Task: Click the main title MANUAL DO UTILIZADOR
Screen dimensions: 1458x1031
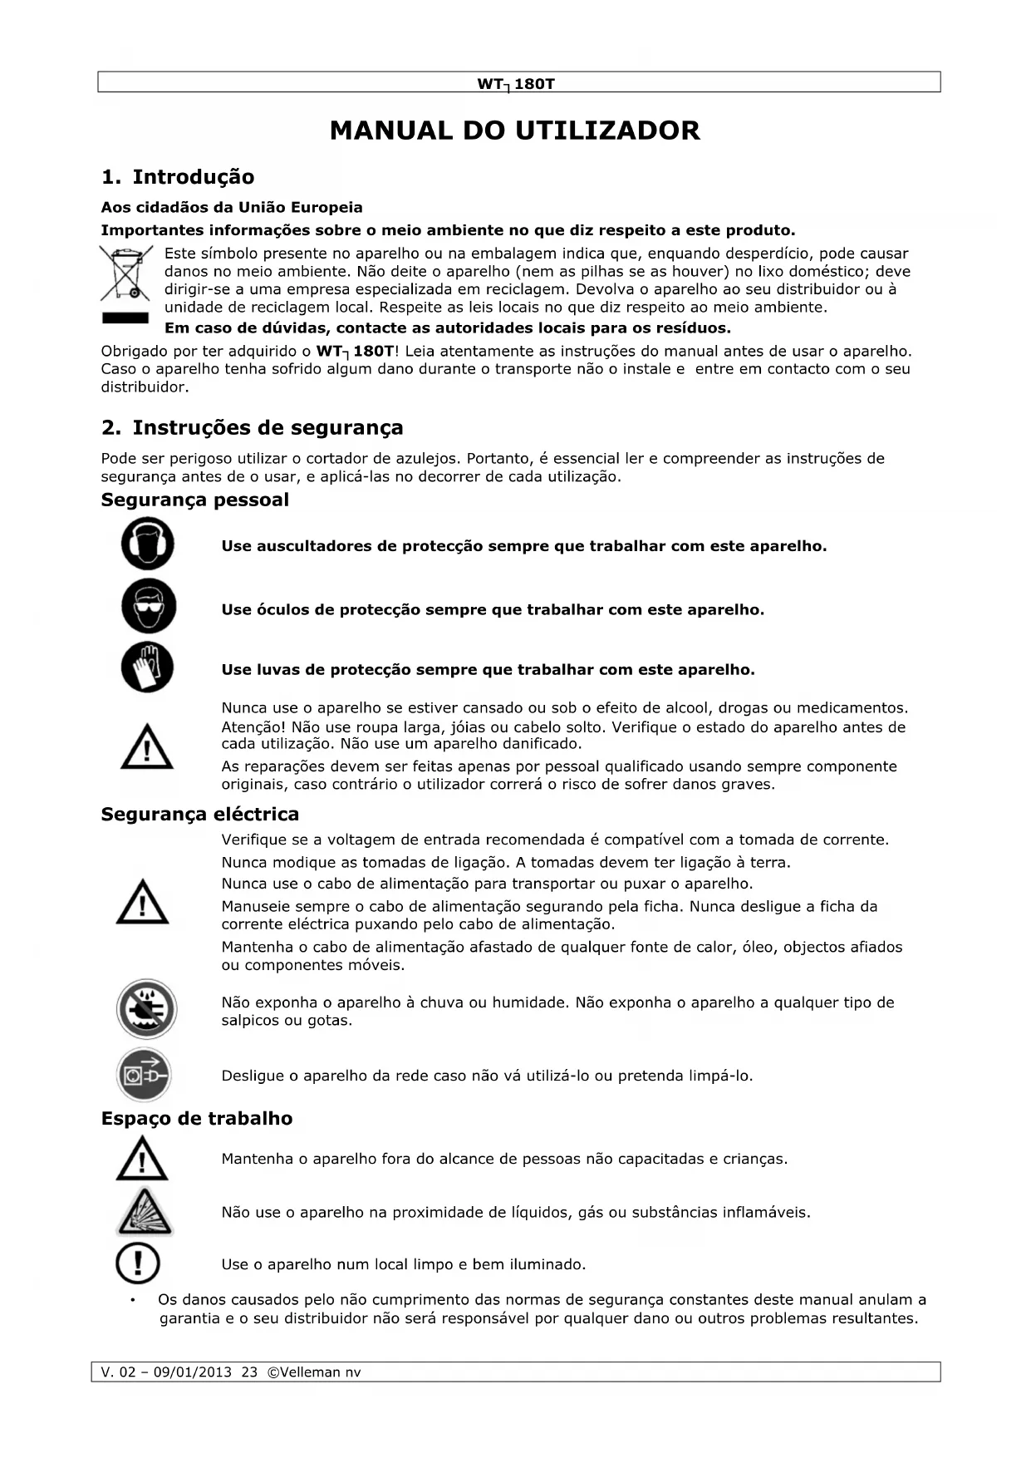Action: click(514, 131)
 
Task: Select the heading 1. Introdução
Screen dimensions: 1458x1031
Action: click(177, 177)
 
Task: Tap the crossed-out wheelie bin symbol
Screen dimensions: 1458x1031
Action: click(126, 273)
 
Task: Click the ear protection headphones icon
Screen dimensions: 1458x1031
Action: click(148, 544)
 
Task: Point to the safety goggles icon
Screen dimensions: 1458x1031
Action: click(149, 606)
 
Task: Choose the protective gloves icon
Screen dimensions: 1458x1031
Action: click(148, 667)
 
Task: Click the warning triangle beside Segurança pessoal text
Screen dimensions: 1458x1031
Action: click(147, 746)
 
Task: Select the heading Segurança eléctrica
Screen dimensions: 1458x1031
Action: click(199, 814)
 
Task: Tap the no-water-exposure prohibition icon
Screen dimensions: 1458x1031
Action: click(146, 1009)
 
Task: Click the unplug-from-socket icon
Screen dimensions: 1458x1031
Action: click(145, 1075)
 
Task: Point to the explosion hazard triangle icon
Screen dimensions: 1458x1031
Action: click(145, 1212)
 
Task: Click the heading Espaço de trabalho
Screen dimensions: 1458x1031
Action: click(196, 1118)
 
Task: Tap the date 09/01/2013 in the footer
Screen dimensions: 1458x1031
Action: click(193, 1372)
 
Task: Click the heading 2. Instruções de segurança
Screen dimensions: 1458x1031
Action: click(252, 427)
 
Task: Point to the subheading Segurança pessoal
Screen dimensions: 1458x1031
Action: click(194, 500)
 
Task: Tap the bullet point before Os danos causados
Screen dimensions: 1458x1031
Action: click(132, 1300)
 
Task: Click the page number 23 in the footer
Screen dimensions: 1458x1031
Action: click(249, 1372)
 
